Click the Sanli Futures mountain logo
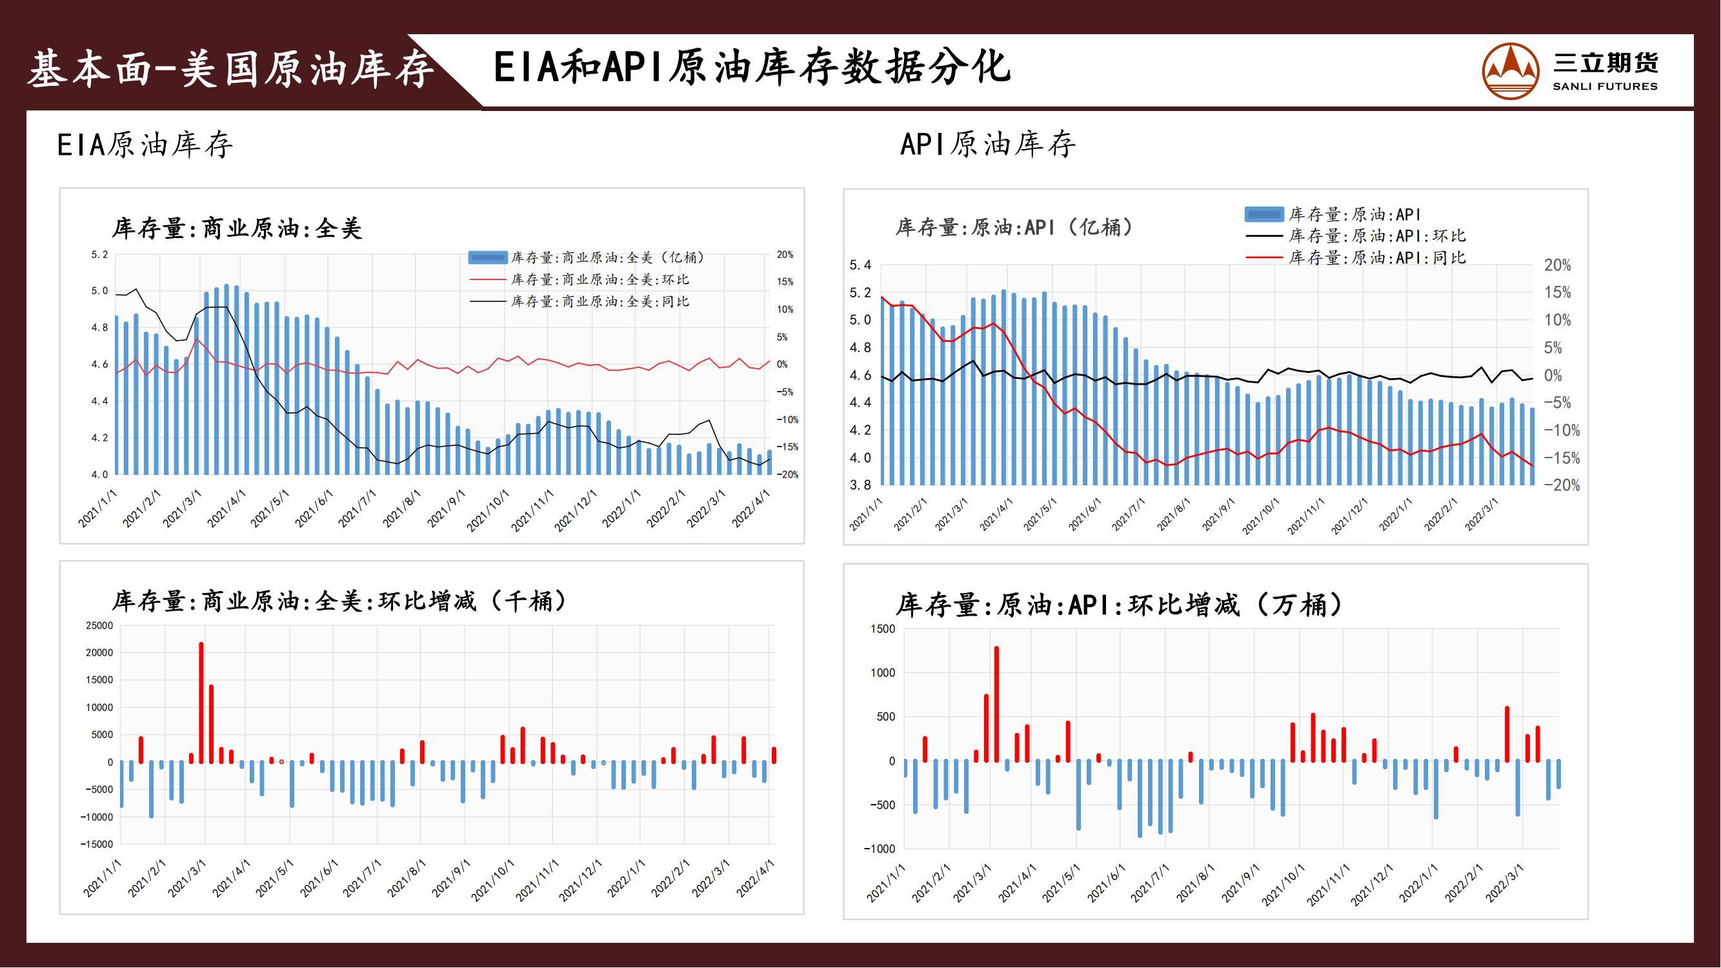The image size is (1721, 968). pyautogui.click(x=1511, y=71)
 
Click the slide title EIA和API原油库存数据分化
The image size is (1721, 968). pyautogui.click(x=752, y=68)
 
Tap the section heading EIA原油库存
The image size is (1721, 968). pyautogui.click(x=145, y=145)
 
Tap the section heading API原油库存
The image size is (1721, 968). pyautogui.click(x=987, y=145)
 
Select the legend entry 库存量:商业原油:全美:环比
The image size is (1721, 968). pyautogui.click(x=599, y=280)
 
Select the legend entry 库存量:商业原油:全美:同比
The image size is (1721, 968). pyautogui.click(x=599, y=302)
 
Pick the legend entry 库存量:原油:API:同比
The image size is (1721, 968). pyautogui.click(x=1376, y=258)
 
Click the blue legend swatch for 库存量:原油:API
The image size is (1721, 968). pyautogui.click(x=1264, y=214)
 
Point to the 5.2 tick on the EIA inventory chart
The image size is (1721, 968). pyautogui.click(x=99, y=254)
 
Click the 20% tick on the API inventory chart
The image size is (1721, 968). pyautogui.click(x=1557, y=265)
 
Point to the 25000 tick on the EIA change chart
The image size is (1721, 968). pyautogui.click(x=99, y=626)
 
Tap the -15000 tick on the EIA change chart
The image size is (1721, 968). pyautogui.click(x=97, y=844)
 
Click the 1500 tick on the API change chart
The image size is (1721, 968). pyautogui.click(x=883, y=629)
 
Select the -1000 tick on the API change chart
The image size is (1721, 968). pyautogui.click(x=878, y=849)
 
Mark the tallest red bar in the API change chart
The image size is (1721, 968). pyautogui.click(x=996, y=703)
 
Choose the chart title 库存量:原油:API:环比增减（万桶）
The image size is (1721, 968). pyautogui.click(x=1119, y=605)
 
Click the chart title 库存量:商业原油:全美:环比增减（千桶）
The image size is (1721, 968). pyautogui.click(x=339, y=601)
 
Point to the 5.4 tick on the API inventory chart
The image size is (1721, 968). pyautogui.click(x=861, y=265)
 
